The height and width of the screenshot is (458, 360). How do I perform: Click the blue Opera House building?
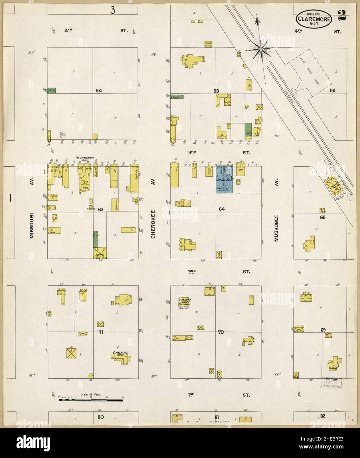tap(225, 180)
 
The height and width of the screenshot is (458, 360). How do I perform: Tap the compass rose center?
tap(260, 49)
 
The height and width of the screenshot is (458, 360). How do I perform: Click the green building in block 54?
tap(51, 90)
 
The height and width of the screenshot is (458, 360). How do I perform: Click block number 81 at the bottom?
tap(217, 417)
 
